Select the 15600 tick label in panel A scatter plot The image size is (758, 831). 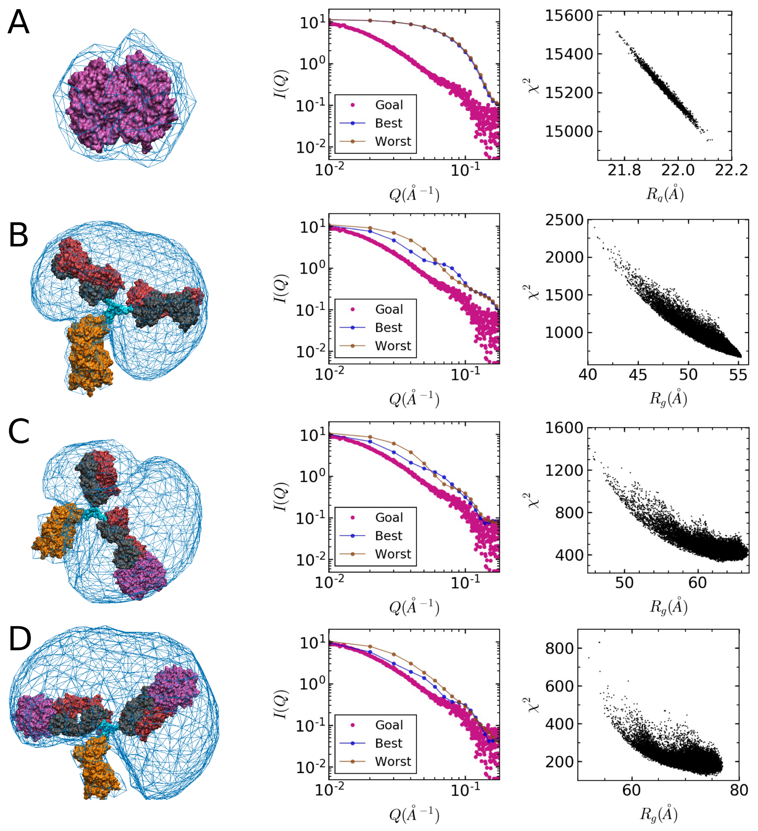point(569,16)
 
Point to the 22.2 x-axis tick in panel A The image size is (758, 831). point(731,170)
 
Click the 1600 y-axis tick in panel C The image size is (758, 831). point(564,428)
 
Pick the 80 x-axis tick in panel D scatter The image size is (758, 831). point(739,790)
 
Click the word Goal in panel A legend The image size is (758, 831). point(389,105)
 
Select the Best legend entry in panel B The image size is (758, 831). point(388,328)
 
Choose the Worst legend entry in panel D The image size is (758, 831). point(393,761)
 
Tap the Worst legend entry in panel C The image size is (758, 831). point(393,554)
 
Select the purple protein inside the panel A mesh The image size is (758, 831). point(120,103)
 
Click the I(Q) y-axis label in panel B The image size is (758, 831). point(282,289)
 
